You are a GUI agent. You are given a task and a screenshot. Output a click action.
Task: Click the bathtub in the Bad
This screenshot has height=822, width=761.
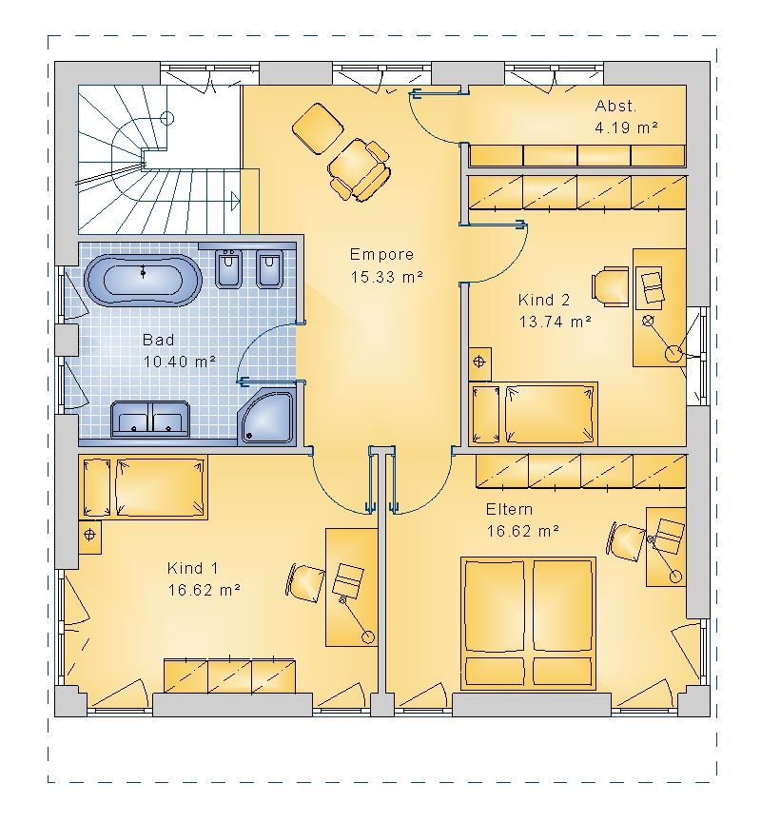[143, 281]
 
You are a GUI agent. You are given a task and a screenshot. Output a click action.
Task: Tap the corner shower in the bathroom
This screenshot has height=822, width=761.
[266, 418]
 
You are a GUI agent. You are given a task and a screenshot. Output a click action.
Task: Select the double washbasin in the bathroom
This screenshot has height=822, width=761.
[150, 420]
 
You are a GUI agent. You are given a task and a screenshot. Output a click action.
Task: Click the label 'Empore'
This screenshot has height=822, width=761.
[381, 255]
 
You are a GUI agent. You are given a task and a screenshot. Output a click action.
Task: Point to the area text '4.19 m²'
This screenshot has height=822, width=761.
[626, 127]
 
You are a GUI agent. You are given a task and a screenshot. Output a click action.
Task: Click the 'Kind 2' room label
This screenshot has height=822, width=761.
[543, 300]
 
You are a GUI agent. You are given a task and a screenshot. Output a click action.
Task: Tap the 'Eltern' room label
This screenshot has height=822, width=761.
[509, 509]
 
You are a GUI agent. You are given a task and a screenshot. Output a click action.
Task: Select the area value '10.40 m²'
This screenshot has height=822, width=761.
[179, 362]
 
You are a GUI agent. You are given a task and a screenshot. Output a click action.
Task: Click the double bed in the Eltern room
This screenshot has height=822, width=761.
[528, 623]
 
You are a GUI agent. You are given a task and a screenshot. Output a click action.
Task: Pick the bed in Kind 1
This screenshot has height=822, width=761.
[143, 487]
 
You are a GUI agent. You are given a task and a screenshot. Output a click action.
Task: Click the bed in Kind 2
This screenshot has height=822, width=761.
[534, 414]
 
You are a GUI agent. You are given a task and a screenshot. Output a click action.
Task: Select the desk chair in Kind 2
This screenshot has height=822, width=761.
[611, 286]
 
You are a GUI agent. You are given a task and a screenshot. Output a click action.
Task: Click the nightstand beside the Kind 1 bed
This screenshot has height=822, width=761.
[90, 537]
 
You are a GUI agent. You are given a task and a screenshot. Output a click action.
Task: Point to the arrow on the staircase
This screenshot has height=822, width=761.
[235, 201]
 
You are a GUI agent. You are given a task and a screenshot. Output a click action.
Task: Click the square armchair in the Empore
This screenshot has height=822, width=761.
[318, 127]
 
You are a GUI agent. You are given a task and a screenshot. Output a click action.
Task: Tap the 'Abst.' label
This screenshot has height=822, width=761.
[615, 106]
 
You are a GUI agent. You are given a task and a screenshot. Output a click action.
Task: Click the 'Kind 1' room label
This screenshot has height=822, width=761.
[193, 568]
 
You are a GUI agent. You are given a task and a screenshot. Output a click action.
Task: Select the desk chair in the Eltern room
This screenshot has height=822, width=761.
[626, 540]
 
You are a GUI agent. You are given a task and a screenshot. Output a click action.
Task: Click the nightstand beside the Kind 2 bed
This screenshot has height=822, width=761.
[479, 363]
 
